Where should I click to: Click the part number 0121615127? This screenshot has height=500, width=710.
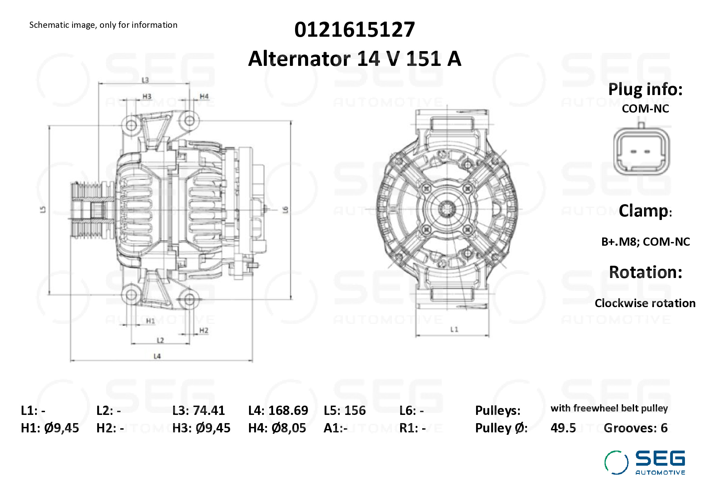click(354, 30)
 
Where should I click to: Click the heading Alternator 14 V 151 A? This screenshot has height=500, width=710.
click(354, 59)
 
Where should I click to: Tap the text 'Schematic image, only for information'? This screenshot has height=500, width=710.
click(103, 25)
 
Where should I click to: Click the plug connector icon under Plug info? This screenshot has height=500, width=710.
click(641, 151)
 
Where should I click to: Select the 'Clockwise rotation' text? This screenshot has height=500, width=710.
click(645, 303)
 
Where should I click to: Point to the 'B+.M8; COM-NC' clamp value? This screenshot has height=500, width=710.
click(645, 242)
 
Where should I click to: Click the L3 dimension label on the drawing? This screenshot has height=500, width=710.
click(145, 80)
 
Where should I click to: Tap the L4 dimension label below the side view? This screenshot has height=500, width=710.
click(157, 356)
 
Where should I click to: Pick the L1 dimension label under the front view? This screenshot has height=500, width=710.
click(454, 329)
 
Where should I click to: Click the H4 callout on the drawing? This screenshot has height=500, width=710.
click(204, 96)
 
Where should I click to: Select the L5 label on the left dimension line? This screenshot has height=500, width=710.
click(43, 209)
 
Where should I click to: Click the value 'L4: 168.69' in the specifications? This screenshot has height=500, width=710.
click(278, 410)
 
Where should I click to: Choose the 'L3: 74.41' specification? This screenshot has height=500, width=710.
click(199, 410)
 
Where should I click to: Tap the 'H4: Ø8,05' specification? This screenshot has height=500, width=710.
click(277, 428)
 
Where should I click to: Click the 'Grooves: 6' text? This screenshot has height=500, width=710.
click(635, 428)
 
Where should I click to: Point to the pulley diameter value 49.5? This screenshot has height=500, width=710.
click(563, 428)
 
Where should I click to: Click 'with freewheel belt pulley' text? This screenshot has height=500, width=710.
click(609, 408)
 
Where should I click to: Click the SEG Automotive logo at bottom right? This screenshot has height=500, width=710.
click(645, 463)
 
